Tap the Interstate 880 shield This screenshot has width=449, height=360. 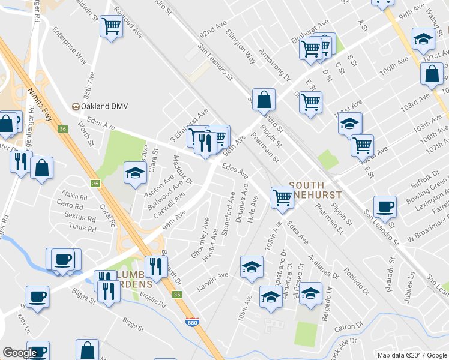pyautogui.click(x=192, y=323)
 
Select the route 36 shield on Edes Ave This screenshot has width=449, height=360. pyautogui.click(x=62, y=128)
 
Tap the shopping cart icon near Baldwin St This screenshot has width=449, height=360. pyautogui.click(x=112, y=26)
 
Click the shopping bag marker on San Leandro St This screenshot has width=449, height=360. pyautogui.click(x=264, y=100)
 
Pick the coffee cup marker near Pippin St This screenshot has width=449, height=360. pyautogui.click(x=385, y=207)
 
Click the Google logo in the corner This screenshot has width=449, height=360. pyautogui.click(x=20, y=353)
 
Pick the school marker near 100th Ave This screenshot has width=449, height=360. pyautogui.click(x=424, y=39)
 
